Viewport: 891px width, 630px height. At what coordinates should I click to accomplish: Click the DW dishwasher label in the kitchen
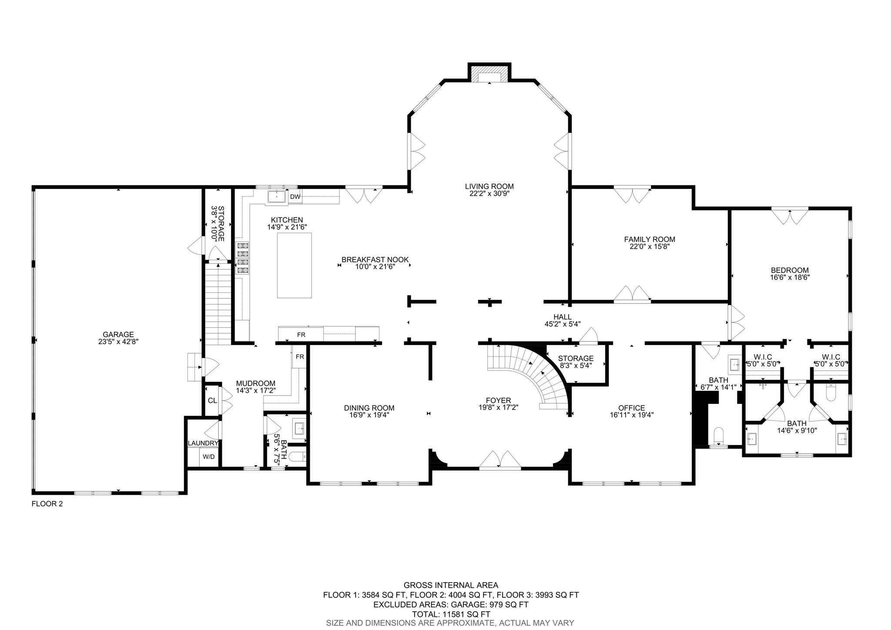coord(295,197)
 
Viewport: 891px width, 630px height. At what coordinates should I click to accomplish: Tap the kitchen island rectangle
coord(295,265)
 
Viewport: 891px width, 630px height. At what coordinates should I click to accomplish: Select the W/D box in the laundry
coord(209,457)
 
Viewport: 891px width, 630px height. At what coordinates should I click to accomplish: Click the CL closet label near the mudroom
coord(212,400)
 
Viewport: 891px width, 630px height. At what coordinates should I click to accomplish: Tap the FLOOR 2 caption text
coord(47,504)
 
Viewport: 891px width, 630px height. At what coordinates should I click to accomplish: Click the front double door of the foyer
coord(500,460)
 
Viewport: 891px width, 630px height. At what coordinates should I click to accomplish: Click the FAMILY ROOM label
coord(649,239)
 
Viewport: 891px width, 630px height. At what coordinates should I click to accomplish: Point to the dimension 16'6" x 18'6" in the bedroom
coord(790,277)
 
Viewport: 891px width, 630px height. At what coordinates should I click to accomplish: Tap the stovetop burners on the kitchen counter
coord(242,258)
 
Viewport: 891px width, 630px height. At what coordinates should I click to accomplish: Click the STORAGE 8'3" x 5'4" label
coord(576,362)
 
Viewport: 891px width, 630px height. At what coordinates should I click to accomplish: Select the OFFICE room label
coord(631,408)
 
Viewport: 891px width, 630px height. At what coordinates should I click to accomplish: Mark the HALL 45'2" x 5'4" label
coord(563,320)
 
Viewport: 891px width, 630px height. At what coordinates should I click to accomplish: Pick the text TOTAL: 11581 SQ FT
coord(451,614)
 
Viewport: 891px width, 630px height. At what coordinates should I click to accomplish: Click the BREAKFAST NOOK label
coord(375,260)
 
